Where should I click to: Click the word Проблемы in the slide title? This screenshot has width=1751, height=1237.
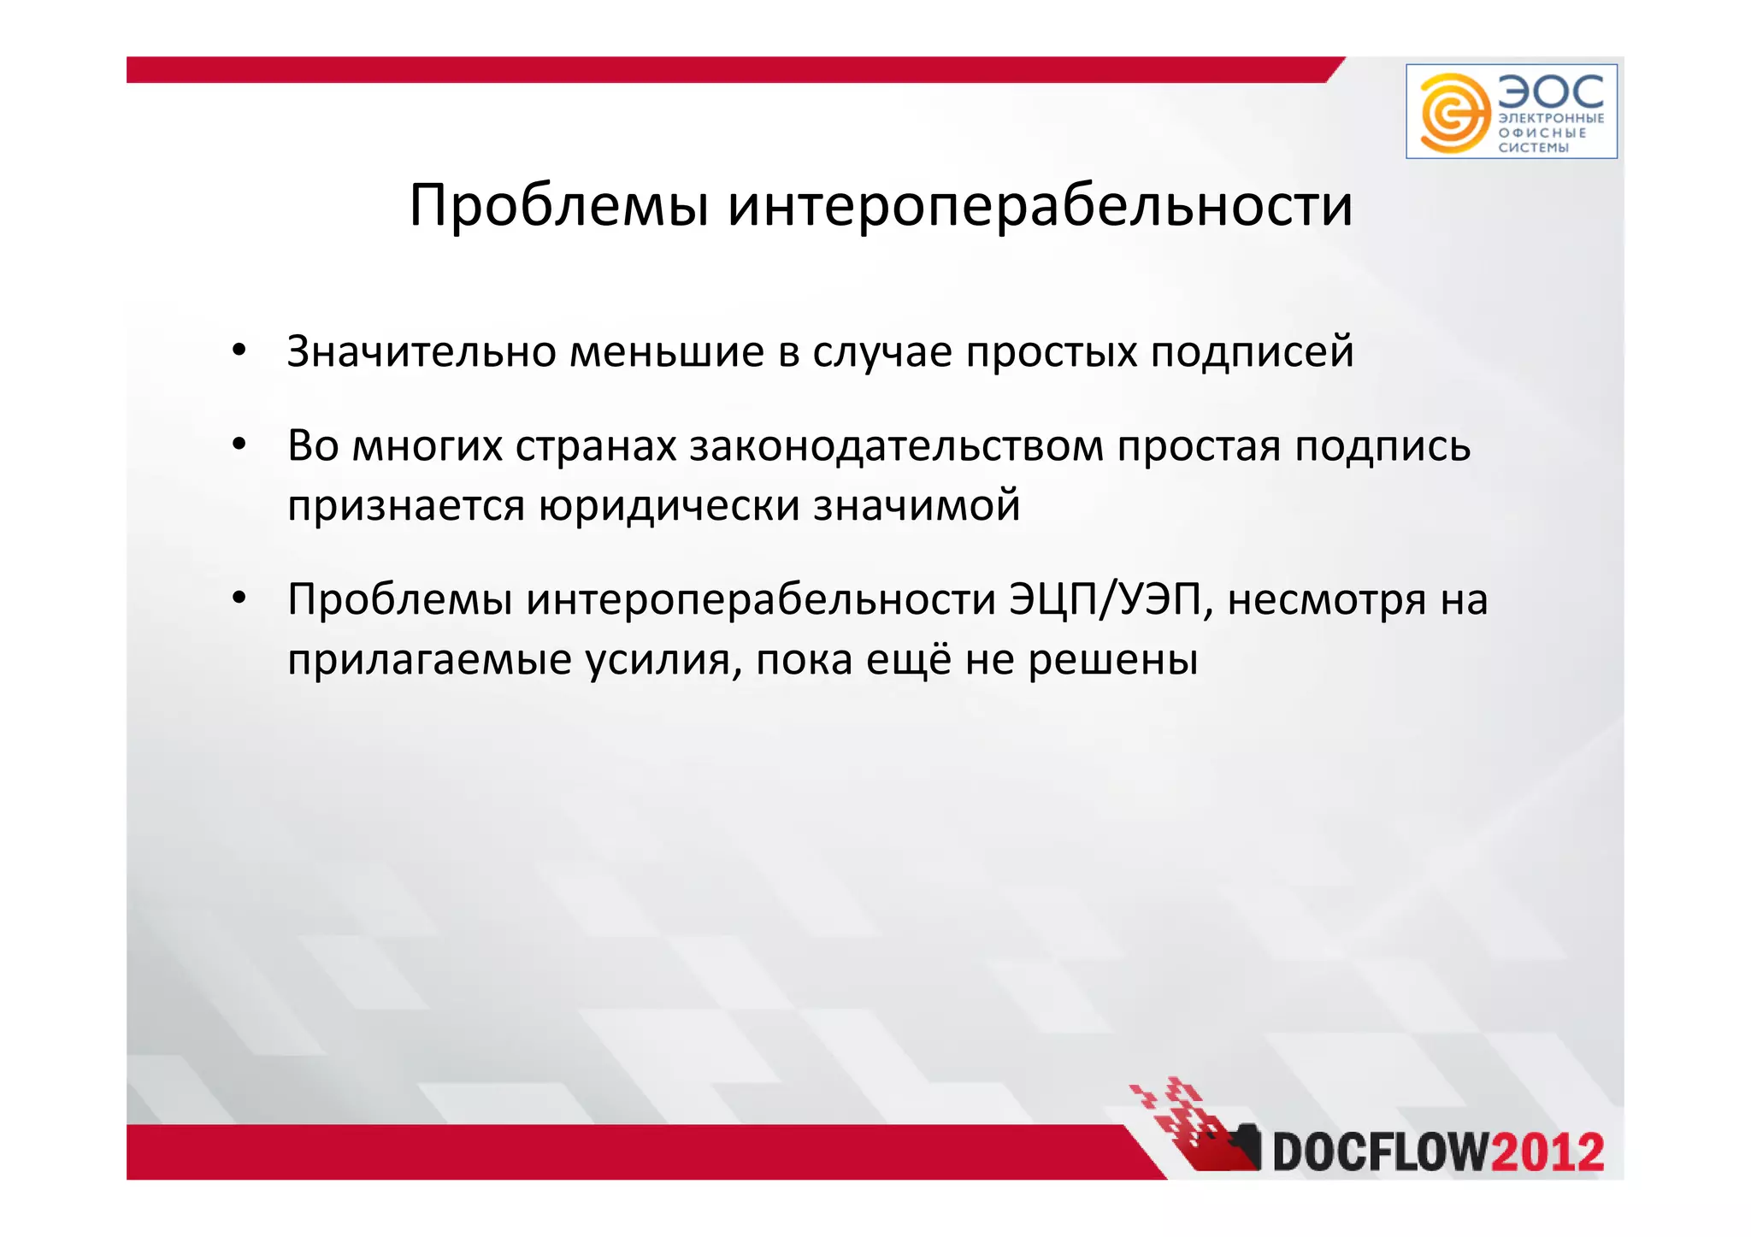(559, 206)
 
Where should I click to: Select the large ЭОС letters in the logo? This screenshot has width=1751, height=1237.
(1551, 91)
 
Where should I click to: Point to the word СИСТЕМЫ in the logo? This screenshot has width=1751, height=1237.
(1534, 148)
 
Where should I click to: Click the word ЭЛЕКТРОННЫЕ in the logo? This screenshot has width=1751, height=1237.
(1551, 119)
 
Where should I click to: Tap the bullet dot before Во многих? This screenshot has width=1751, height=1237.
(239, 445)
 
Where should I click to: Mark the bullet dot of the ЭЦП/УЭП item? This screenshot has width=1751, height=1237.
(239, 598)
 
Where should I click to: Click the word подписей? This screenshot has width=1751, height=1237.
(1252, 352)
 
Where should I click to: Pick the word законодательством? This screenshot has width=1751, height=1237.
(896, 446)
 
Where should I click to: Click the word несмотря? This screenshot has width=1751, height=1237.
(1327, 601)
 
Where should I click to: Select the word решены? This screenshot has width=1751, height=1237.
(1112, 661)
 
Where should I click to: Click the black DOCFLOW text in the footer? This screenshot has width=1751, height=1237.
(1381, 1152)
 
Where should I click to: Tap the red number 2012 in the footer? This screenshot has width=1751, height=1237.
(1548, 1152)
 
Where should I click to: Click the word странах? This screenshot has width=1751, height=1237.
(596, 447)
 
